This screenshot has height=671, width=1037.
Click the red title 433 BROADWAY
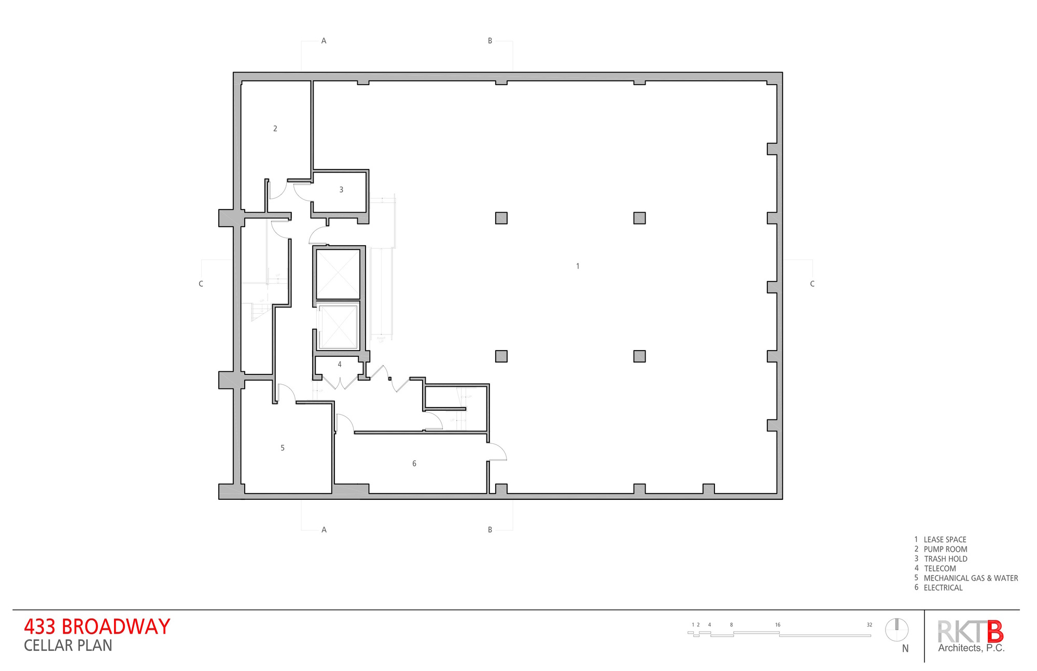[97, 626]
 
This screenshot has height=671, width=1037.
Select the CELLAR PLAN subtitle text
[68, 646]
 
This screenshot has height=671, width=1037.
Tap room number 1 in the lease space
[578, 266]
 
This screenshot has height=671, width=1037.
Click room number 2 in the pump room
[275, 129]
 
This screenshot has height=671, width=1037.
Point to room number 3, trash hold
[341, 190]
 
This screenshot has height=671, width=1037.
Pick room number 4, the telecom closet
[340, 365]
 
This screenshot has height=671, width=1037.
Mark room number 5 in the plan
[283, 448]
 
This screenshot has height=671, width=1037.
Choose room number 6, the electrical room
[414, 464]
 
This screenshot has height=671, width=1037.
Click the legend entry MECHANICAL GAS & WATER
[971, 578]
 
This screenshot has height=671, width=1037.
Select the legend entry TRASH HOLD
[945, 559]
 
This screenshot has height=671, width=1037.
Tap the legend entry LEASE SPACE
[945, 540]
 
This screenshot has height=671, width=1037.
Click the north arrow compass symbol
[896, 630]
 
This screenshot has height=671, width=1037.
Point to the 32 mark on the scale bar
[870, 625]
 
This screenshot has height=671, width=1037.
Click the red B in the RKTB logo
[994, 632]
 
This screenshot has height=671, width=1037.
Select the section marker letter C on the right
[812, 284]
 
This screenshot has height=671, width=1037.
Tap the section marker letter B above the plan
[490, 41]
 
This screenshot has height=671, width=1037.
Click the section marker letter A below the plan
[324, 530]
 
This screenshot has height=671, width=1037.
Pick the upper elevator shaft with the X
[338, 274]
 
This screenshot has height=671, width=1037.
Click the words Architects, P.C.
[971, 648]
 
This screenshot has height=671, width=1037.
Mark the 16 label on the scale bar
[778, 625]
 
